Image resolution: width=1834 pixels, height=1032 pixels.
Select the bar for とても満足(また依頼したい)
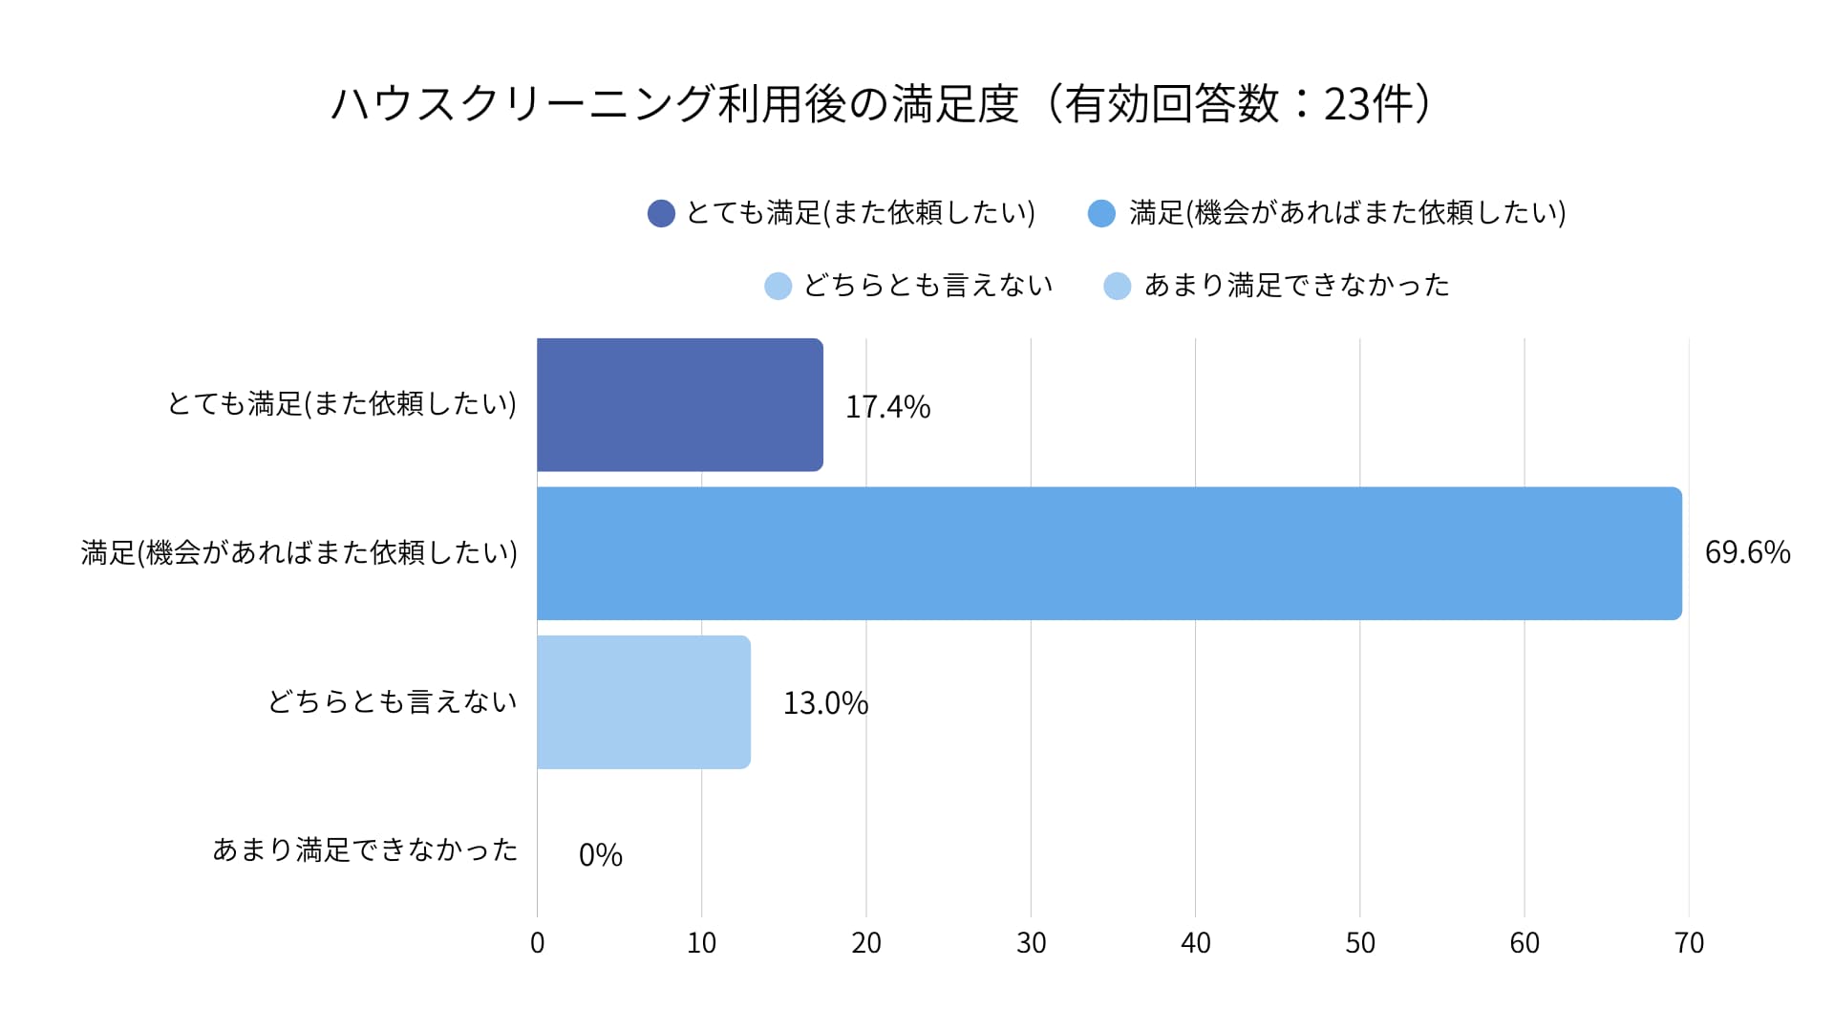click(679, 404)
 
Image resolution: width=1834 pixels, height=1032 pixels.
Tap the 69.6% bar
click(1108, 553)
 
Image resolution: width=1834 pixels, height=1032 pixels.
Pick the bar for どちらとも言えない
click(643, 702)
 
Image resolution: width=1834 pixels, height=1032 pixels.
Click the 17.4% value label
click(887, 407)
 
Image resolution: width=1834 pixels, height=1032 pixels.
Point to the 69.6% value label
click(1747, 552)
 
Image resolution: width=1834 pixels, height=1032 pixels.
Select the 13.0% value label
click(825, 703)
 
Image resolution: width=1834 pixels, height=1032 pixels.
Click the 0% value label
click(600, 854)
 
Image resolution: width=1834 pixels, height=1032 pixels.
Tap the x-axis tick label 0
click(537, 943)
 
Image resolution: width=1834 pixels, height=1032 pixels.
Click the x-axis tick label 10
click(701, 943)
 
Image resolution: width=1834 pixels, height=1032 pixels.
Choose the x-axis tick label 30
click(1031, 943)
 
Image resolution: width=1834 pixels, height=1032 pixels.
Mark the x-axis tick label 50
click(1359, 943)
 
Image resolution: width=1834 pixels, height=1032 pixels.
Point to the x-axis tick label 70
click(1689, 943)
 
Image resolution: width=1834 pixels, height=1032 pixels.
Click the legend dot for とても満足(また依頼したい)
click(661, 213)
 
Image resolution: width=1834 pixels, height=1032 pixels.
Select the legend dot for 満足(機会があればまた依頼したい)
click(1101, 213)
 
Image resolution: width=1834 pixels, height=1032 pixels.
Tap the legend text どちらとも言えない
click(928, 286)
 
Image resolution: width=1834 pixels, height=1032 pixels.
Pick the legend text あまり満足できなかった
click(1296, 286)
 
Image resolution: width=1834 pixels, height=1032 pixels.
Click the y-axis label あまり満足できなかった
click(365, 849)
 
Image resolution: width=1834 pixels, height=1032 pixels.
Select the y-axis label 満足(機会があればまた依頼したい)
click(299, 552)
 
